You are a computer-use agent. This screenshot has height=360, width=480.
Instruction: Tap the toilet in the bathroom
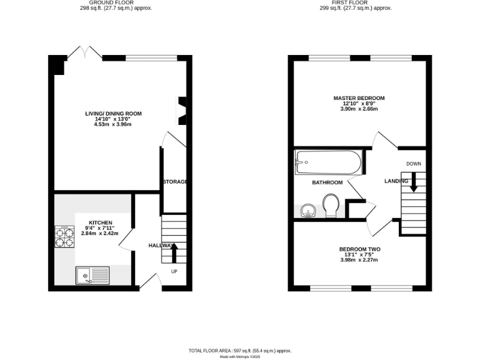331,205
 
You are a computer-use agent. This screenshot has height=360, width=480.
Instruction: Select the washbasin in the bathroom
307,211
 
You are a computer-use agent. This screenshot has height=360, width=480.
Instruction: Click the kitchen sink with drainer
92,274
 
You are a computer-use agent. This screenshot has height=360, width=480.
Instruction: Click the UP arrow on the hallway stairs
174,252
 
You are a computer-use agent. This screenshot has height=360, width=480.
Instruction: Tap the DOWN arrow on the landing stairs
413,184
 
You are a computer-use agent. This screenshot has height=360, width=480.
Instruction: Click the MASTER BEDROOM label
359,98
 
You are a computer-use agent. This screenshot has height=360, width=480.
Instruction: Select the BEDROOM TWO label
359,249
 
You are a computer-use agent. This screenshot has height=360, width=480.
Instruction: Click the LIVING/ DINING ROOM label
114,114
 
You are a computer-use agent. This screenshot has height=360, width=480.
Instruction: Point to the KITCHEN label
100,222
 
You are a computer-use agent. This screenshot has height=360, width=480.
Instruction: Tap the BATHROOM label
327,182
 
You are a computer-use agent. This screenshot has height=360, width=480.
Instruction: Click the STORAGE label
176,182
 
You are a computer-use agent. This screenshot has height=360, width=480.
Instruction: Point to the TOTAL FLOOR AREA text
240,351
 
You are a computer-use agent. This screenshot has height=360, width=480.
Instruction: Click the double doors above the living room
84,52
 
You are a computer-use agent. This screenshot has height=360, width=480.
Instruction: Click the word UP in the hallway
174,271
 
